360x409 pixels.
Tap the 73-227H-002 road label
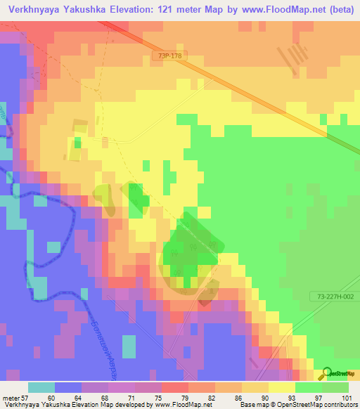(334, 297)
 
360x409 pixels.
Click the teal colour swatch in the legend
(41, 387)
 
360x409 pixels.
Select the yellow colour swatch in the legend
(282, 387)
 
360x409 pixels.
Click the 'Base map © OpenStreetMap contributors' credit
(298, 404)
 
